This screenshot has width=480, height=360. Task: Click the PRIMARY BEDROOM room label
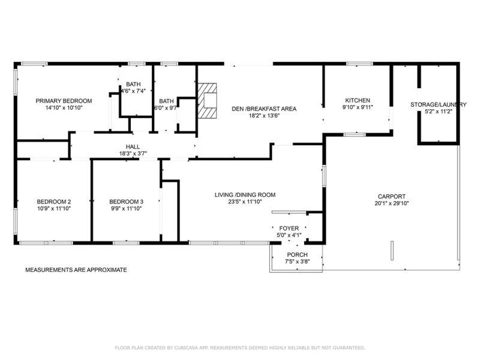point(64,101)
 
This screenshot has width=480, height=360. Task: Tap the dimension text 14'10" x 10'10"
point(64,108)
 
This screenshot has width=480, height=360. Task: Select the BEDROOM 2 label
point(54,202)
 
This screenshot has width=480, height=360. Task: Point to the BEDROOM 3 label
point(126,202)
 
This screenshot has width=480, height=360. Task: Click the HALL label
point(133,147)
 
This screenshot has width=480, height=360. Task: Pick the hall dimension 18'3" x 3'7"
point(133,154)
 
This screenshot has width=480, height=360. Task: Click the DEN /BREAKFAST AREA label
point(265,109)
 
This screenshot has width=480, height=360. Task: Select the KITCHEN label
point(358,100)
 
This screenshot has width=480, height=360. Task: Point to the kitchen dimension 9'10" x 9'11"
point(358,107)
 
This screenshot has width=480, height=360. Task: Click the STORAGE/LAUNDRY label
point(439,104)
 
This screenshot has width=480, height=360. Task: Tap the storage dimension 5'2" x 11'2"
point(439,112)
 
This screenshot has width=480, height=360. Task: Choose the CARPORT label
point(392,196)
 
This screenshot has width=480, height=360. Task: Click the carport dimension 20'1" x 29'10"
point(392,203)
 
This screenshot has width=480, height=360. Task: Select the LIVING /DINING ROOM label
point(245,194)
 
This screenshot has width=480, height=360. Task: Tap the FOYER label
point(289,229)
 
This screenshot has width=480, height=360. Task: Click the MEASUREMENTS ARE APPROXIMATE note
point(76,270)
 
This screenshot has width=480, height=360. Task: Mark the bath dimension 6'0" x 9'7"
point(166,108)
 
